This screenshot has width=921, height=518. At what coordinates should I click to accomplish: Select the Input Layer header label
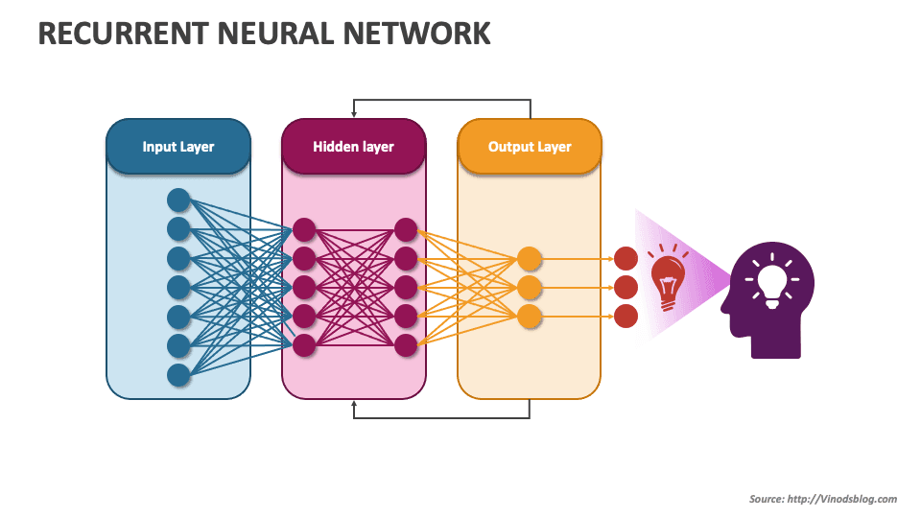178,147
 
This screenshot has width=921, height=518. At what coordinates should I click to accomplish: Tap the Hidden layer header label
353,147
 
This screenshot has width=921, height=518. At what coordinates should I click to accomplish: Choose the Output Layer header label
530,147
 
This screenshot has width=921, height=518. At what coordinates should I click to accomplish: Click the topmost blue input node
178,200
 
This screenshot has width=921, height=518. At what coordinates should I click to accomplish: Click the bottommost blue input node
178,374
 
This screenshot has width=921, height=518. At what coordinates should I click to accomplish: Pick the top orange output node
530,258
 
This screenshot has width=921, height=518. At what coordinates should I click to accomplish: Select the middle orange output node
530,287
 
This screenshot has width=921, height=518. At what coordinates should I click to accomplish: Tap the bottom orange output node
530,316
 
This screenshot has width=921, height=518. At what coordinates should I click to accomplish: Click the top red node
626,258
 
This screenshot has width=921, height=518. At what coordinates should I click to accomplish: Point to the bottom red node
626,316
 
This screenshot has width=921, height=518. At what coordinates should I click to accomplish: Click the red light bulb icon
669,279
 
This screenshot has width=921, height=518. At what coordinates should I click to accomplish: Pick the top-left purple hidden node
304,229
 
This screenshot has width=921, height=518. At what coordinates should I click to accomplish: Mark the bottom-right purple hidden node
405,344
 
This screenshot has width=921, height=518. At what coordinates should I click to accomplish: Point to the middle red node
626,287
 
